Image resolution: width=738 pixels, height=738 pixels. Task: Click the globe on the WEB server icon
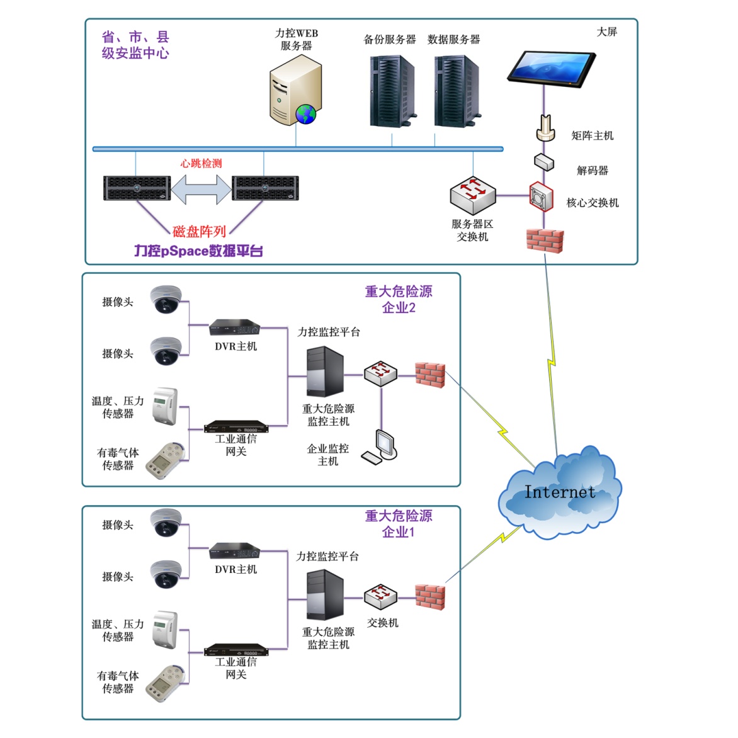(306, 114)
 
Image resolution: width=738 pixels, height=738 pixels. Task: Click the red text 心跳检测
(201, 164)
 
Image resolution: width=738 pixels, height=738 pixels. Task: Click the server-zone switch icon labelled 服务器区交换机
(473, 195)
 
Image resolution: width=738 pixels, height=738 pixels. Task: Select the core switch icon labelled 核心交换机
(541, 197)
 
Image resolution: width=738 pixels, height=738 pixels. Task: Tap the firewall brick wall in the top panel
(545, 241)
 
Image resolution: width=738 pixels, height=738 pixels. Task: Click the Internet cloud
(559, 495)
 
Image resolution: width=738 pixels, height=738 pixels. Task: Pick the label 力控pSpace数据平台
(198, 251)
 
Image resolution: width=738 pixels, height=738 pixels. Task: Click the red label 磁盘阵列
(199, 232)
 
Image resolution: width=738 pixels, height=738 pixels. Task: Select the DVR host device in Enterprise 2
(235, 327)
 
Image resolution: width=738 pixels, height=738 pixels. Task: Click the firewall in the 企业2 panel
(430, 375)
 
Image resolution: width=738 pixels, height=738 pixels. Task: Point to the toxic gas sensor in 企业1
(166, 683)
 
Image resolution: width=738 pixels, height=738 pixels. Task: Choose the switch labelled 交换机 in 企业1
(380, 596)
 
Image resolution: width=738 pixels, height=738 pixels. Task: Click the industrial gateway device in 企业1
(236, 650)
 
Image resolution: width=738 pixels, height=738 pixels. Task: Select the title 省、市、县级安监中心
(135, 45)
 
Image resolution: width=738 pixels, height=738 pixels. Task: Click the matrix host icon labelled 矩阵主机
(546, 128)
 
